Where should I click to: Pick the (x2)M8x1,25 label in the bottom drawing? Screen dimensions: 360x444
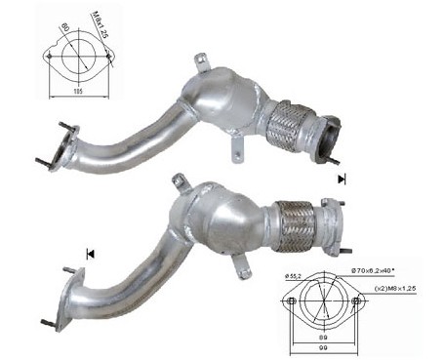[394, 291]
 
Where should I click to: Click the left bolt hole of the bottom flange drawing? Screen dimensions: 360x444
[291, 301]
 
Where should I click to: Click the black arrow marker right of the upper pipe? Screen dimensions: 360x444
[342, 180]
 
